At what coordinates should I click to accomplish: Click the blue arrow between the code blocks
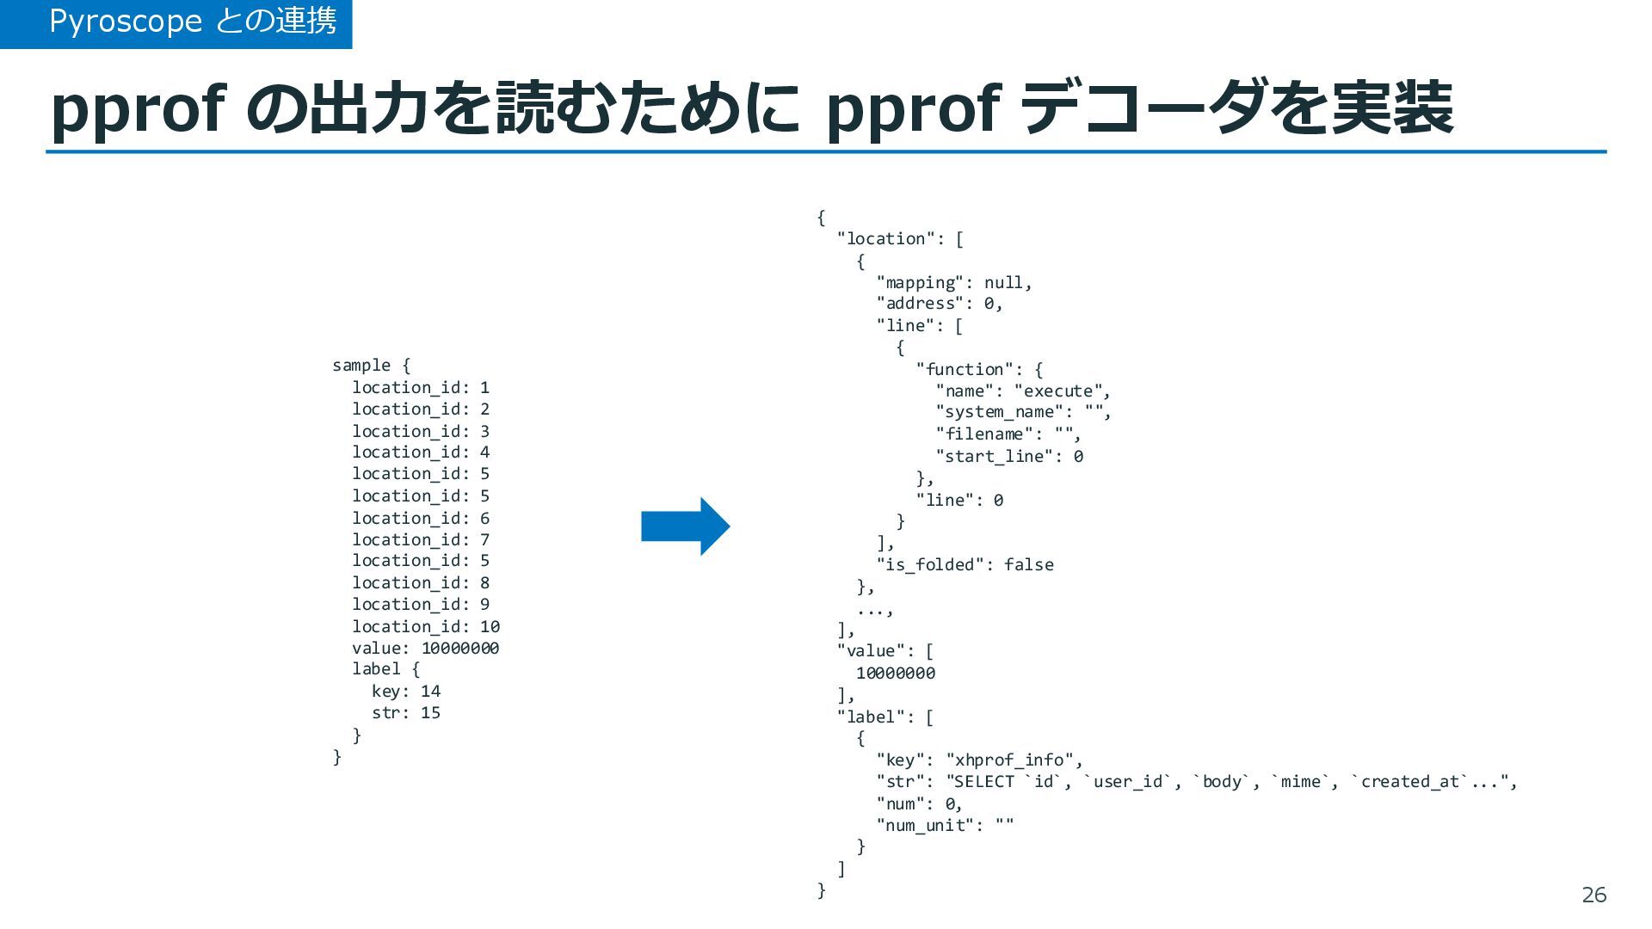point(685,526)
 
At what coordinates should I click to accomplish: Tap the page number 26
point(1593,895)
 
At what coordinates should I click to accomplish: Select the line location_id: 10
point(425,626)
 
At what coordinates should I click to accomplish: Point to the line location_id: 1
point(420,387)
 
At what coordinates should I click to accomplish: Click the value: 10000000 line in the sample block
point(425,648)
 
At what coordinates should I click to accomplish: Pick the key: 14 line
point(405,691)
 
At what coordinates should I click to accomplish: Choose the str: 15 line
point(405,712)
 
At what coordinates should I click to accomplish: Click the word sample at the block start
point(361,365)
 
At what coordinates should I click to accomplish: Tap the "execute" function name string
point(1062,391)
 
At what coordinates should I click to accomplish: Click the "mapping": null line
point(953,282)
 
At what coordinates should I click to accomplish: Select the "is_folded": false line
point(965,564)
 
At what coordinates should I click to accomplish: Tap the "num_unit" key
point(926,825)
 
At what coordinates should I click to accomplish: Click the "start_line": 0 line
point(1009,456)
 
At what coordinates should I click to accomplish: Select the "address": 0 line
point(939,303)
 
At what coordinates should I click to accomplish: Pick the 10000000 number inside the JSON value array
point(895,673)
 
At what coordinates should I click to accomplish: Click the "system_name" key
point(999,412)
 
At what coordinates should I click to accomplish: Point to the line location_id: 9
point(420,604)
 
